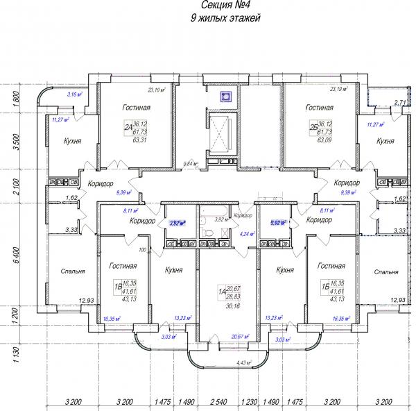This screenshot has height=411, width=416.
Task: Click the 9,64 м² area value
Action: tap(190, 165)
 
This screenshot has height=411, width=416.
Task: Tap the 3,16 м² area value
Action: tap(74, 94)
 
